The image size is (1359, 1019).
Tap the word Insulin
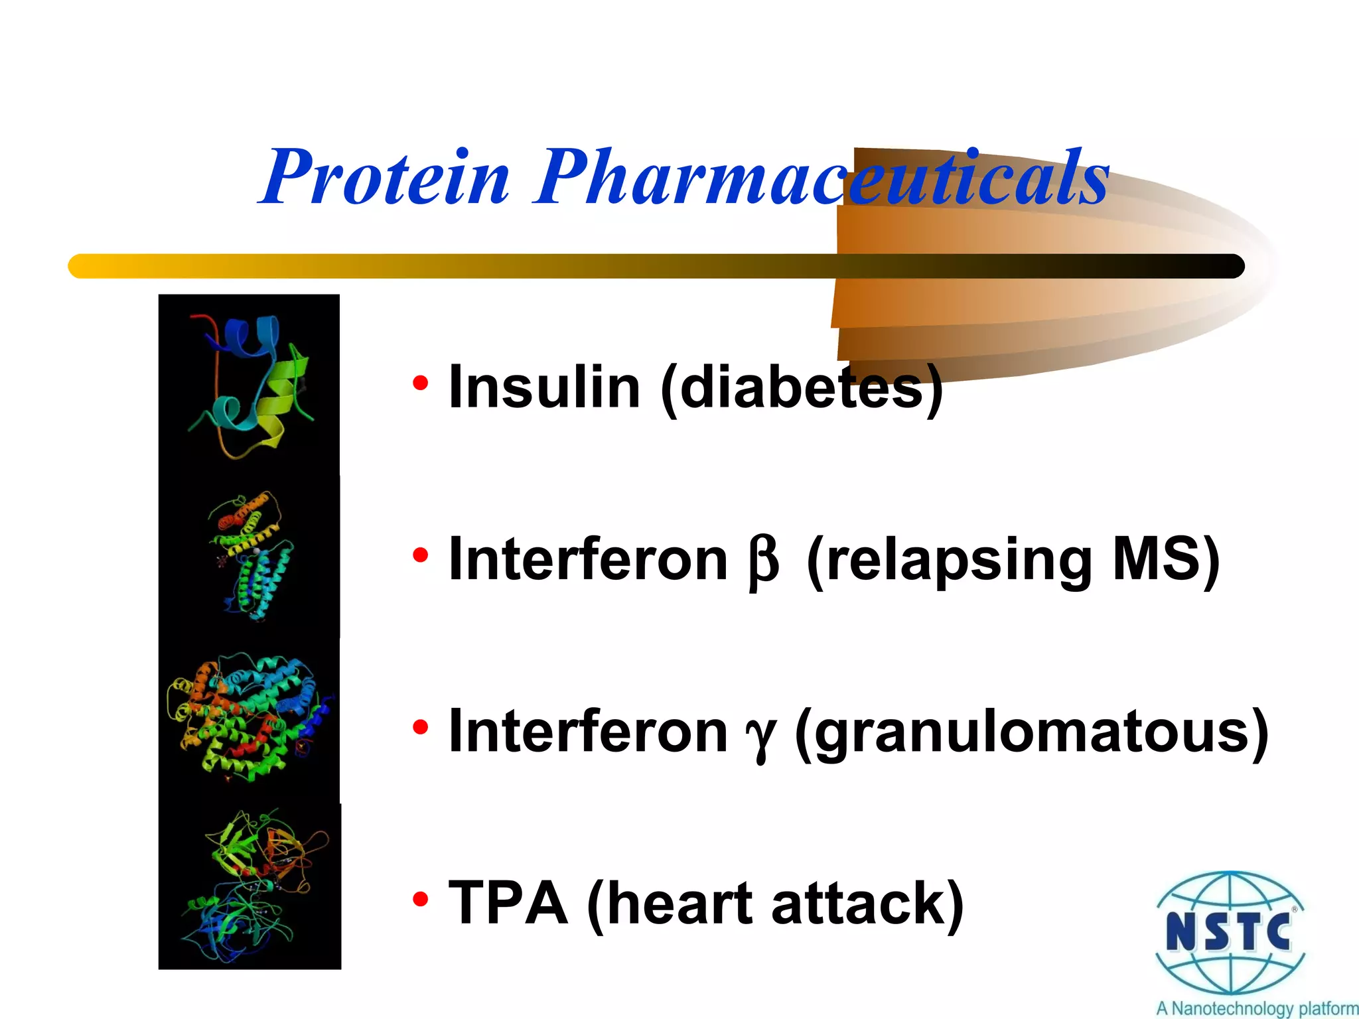pos(544,387)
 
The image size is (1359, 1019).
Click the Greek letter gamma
pos(760,735)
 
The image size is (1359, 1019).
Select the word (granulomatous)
pos(1031,732)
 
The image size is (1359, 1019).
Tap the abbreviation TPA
pos(508,904)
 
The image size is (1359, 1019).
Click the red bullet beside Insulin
pos(420,383)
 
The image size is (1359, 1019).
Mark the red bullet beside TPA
pos(420,900)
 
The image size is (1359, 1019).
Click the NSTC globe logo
pos(1230,933)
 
